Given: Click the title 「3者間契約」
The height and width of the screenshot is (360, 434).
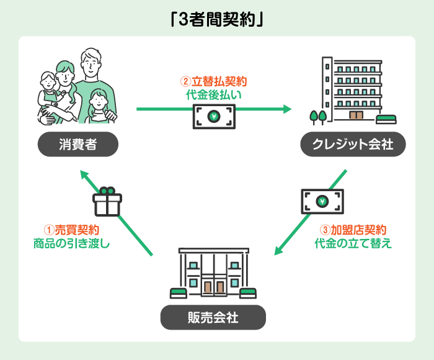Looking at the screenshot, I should pyautogui.click(x=217, y=19).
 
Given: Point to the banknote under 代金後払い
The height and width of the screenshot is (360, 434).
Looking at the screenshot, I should pyautogui.click(x=214, y=116).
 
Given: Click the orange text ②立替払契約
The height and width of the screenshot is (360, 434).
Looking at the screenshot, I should pyautogui.click(x=213, y=81).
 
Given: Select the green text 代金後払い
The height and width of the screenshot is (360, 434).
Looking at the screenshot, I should pyautogui.click(x=213, y=95).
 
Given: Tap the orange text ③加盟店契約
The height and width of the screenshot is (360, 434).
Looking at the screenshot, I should pyautogui.click(x=352, y=229).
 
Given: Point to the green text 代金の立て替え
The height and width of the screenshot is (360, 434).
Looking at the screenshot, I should pyautogui.click(x=353, y=243).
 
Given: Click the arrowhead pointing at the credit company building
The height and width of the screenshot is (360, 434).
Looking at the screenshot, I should pyautogui.click(x=286, y=109).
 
